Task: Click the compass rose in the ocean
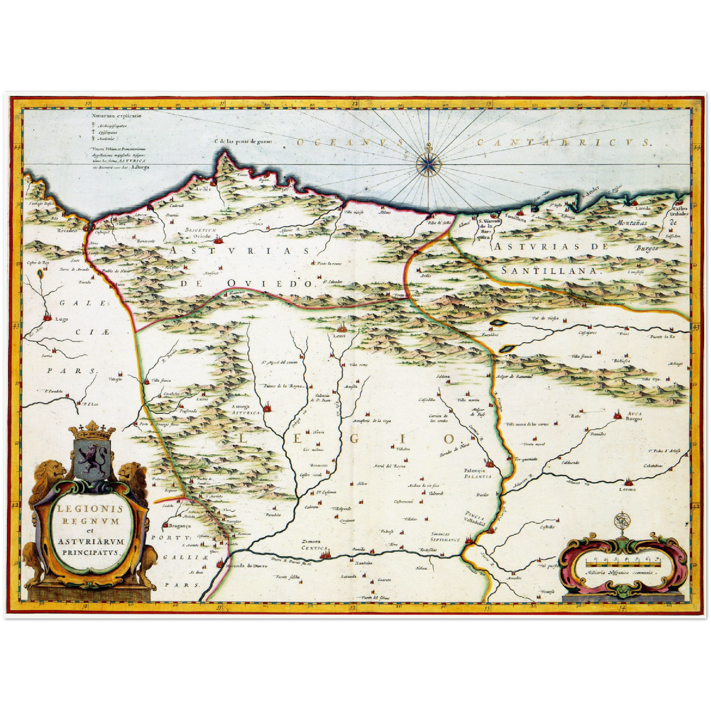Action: click(429, 163)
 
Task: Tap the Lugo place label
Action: click(62, 319)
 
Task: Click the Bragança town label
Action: click(176, 525)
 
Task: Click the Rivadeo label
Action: click(67, 230)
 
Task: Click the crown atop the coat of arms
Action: click(92, 432)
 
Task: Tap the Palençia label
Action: click(474, 470)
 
